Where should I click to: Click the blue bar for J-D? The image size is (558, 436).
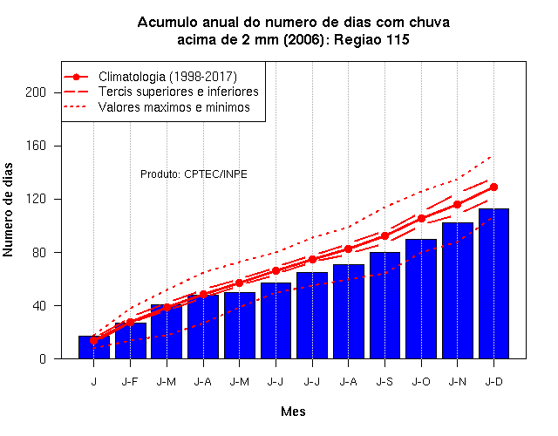(x=493, y=283)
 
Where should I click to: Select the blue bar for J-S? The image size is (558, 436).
(x=384, y=305)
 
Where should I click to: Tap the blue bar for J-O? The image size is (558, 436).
(x=421, y=298)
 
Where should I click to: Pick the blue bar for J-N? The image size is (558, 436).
(x=457, y=290)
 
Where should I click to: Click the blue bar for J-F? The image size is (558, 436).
(x=130, y=341)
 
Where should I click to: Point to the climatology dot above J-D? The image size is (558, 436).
(x=493, y=187)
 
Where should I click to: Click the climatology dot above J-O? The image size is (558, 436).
(x=421, y=218)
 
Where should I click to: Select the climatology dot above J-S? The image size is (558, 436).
(x=384, y=235)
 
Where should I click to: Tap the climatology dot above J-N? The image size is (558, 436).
(x=457, y=204)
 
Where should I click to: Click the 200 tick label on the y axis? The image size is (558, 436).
(x=36, y=92)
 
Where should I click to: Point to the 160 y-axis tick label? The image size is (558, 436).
(x=36, y=146)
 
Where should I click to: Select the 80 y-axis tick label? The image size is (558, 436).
(x=38, y=252)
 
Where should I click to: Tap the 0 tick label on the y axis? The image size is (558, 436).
(x=43, y=359)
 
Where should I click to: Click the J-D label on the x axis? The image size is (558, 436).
(x=494, y=382)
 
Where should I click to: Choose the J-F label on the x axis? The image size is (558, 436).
(x=130, y=382)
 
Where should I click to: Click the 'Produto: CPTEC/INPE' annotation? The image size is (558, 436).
(x=194, y=174)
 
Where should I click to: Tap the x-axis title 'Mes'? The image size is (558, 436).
(x=293, y=412)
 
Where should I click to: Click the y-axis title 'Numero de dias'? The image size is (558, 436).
(x=8, y=209)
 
